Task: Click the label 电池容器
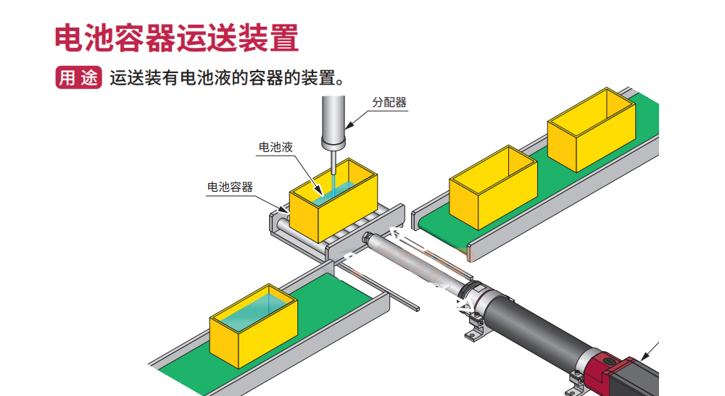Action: pos(230,187)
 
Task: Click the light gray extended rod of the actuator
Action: pos(413,261)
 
